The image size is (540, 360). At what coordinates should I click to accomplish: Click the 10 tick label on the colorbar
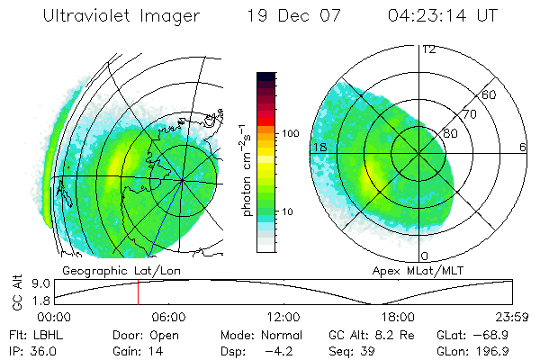(x=289, y=211)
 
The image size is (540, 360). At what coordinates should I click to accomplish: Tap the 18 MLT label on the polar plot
(x=318, y=147)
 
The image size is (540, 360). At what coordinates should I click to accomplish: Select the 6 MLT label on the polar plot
(x=523, y=147)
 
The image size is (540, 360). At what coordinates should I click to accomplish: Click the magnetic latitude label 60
(x=490, y=94)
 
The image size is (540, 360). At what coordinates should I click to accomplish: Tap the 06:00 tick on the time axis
(x=168, y=317)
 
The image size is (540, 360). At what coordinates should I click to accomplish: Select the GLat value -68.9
(x=499, y=333)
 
